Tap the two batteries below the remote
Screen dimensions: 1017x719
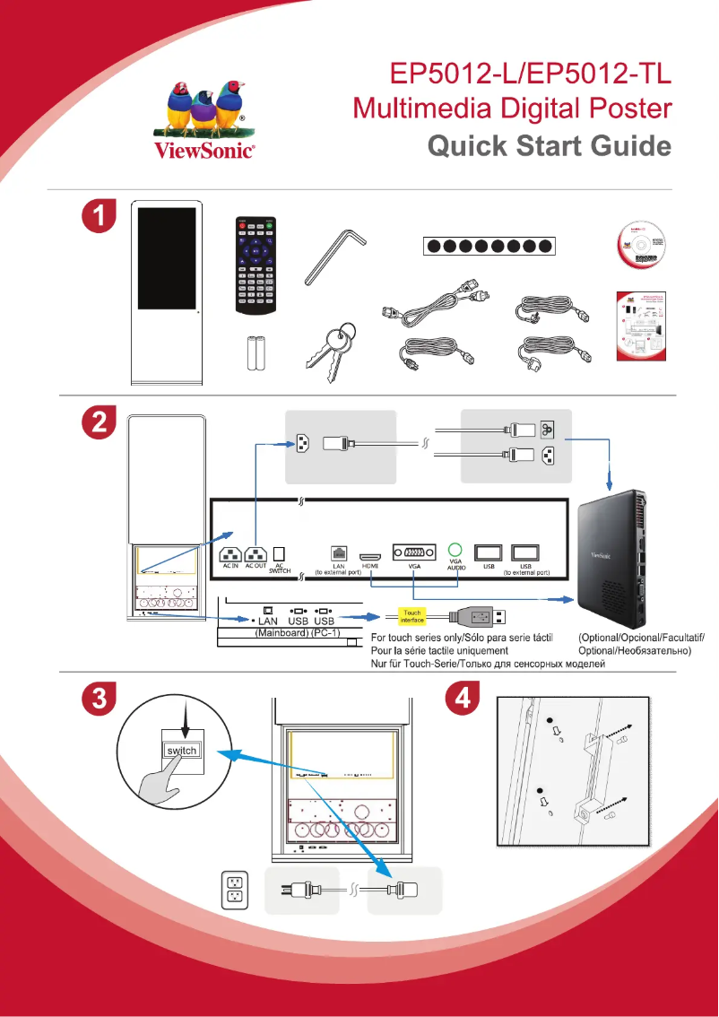256,353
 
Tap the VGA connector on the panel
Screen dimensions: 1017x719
412,552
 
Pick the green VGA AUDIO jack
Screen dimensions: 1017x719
455,550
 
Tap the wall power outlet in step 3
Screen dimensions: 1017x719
234,889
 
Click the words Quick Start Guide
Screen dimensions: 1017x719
550,145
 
